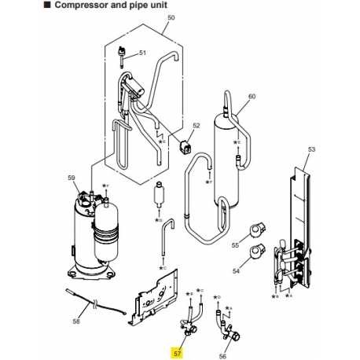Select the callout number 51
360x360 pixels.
(143, 53)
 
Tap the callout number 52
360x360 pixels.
(197, 124)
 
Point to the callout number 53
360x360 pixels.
(310, 149)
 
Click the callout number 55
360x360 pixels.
(234, 246)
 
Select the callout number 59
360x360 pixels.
(72, 178)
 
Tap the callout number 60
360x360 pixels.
(252, 97)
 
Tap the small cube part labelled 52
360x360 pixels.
(187, 146)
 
